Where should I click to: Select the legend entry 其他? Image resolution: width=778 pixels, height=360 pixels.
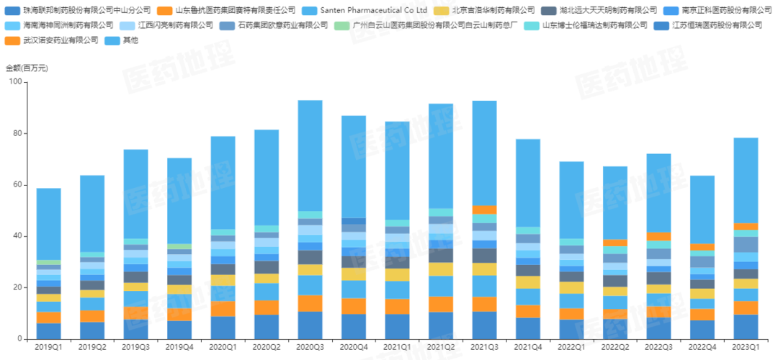(130, 40)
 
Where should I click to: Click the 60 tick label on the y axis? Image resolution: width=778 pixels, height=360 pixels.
(16, 185)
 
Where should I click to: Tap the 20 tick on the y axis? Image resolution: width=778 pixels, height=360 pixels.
(16, 288)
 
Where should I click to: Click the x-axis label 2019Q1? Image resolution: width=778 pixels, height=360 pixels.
(49, 348)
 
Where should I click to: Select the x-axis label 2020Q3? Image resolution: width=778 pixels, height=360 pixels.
(310, 348)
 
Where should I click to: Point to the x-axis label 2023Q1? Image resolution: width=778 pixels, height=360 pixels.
(746, 348)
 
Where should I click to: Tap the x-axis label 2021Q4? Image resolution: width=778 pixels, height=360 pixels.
(528, 348)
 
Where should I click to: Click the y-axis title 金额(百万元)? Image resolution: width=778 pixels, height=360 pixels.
(27, 68)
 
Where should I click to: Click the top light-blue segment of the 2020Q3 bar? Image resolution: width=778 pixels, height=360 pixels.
(310, 156)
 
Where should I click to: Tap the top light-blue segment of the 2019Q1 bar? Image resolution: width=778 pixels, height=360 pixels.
(49, 224)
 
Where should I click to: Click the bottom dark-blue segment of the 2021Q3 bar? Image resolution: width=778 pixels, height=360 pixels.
(484, 325)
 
